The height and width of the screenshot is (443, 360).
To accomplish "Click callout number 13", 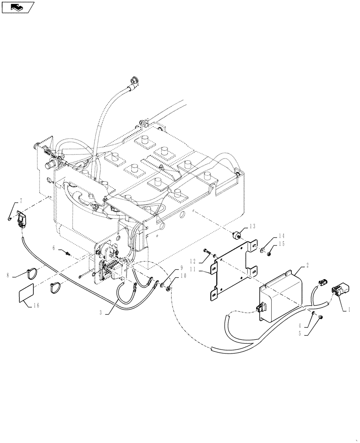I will (x=252, y=226).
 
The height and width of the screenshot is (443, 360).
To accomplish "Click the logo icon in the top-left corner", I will (x=16, y=7).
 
